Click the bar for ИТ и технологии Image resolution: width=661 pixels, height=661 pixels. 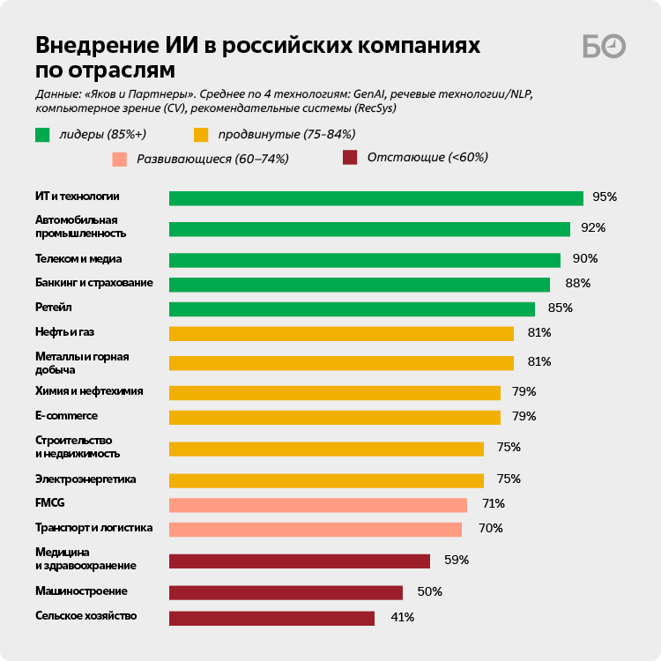pyautogui.click(x=375, y=198)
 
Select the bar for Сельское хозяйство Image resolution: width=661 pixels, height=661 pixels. pyautogui.click(x=271, y=618)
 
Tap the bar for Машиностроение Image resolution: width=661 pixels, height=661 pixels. pyautogui.click(x=286, y=592)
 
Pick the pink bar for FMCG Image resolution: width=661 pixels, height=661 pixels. pyautogui.click(x=317, y=505)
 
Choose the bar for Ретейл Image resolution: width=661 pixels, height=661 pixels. pyautogui.click(x=352, y=308)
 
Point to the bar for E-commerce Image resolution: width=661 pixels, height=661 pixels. pyautogui.click(x=334, y=417)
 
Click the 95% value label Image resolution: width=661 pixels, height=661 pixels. pyautogui.click(x=605, y=197)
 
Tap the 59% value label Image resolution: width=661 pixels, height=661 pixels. pyautogui.click(x=457, y=560)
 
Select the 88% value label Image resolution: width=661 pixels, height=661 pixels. pyautogui.click(x=578, y=284)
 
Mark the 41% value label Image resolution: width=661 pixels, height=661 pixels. pyautogui.click(x=402, y=617)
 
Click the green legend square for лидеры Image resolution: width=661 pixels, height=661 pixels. pyautogui.click(x=42, y=135)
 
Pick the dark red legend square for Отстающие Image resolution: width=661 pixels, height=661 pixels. pyautogui.click(x=350, y=158)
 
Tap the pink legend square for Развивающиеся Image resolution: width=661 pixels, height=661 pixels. pyautogui.click(x=119, y=159)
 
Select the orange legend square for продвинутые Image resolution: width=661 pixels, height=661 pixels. pyautogui.click(x=201, y=135)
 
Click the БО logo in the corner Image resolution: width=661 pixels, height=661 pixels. pyautogui.click(x=604, y=46)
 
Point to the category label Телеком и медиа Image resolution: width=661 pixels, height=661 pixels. pyautogui.click(x=78, y=259)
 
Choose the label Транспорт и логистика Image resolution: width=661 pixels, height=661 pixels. pyautogui.click(x=94, y=528)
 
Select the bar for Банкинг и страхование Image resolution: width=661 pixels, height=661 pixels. pyautogui.click(x=359, y=285)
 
